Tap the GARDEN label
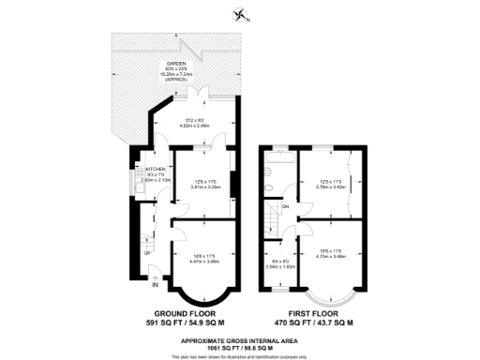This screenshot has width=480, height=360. (177, 63)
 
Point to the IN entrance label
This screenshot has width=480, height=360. (142, 283)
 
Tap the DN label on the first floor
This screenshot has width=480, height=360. (285, 204)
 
